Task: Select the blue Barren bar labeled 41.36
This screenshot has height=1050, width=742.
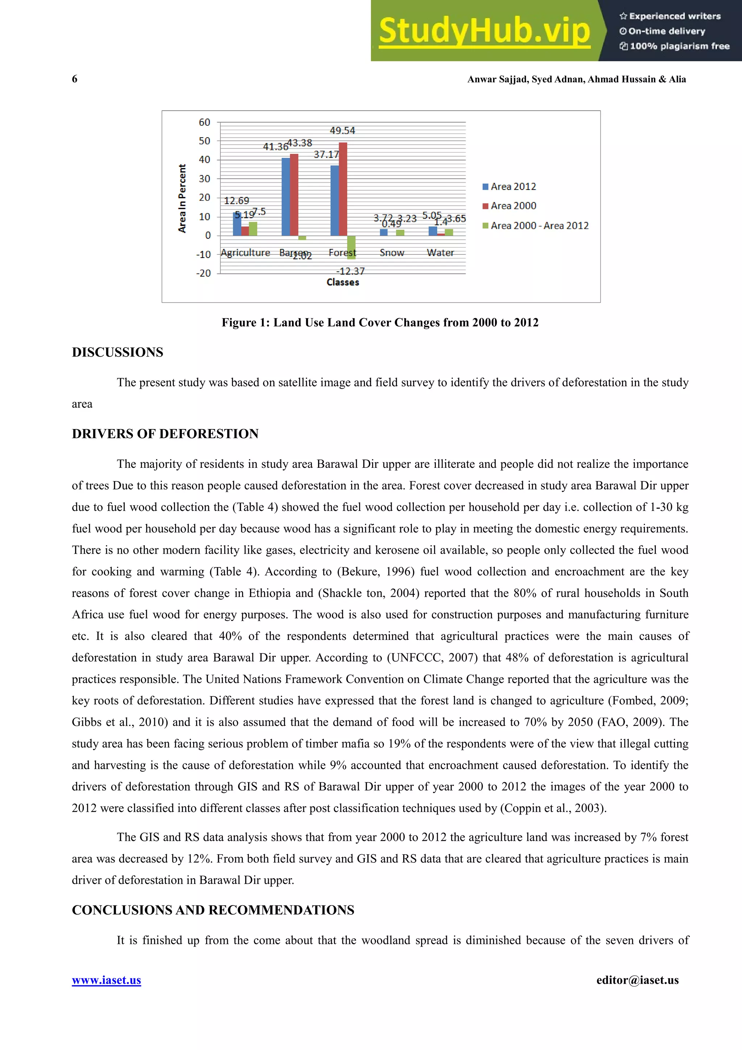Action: [286, 197]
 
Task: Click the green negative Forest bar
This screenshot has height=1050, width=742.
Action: [351, 247]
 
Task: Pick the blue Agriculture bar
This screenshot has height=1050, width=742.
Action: [237, 224]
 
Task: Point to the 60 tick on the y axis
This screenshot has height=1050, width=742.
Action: [204, 122]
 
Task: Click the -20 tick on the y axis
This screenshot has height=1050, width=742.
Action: [204, 273]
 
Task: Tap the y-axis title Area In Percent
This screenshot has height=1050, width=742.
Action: [182, 199]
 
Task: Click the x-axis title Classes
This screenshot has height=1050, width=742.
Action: [342, 283]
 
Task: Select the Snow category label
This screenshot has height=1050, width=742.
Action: [391, 253]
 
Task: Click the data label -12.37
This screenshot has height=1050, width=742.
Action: [351, 271]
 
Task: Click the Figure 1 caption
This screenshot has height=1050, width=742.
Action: [380, 322]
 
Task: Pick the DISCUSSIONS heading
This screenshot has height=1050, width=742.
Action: [117, 352]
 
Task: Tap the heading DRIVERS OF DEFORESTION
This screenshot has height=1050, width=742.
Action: [165, 434]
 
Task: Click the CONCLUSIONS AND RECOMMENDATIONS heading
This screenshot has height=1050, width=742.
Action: [213, 910]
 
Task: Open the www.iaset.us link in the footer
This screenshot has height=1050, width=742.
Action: [107, 980]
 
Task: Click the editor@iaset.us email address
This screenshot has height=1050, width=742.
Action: [637, 980]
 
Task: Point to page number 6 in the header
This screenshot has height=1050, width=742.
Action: [75, 79]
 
